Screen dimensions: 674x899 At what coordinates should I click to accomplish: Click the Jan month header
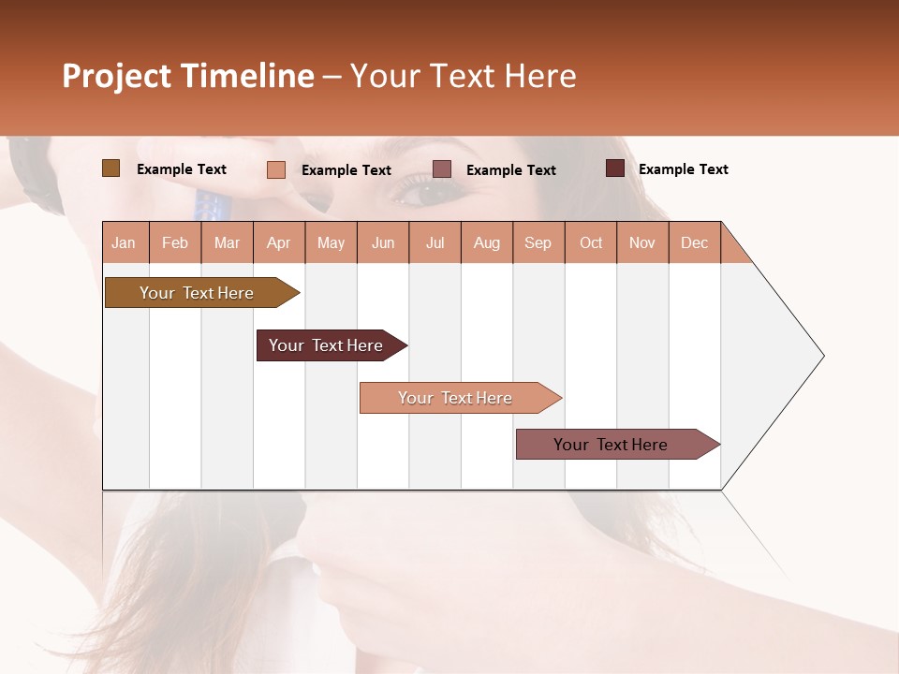[125, 242]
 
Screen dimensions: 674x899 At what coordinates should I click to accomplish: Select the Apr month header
[279, 242]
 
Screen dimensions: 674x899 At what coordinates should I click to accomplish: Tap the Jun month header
[383, 242]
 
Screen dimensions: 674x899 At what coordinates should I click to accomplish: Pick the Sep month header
[538, 242]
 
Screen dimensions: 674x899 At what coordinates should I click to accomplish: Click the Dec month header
[694, 242]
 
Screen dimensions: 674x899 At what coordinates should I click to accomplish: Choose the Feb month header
[175, 242]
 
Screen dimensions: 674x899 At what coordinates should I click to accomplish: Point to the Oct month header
[591, 242]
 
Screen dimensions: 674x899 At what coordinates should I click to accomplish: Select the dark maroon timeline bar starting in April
[328, 345]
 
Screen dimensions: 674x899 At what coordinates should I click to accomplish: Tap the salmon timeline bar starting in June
[457, 398]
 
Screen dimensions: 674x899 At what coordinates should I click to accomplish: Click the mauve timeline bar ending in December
[613, 445]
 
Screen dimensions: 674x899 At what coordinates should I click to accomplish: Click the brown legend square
[111, 168]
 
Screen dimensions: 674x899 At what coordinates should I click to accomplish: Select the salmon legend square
[275, 169]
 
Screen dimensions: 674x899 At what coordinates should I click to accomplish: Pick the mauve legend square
[442, 168]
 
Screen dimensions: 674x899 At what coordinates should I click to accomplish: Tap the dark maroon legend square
[614, 168]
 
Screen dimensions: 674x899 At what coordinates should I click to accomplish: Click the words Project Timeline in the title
[188, 76]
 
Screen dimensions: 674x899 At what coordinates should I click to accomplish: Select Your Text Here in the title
[463, 76]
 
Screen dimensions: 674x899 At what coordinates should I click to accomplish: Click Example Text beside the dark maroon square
[683, 169]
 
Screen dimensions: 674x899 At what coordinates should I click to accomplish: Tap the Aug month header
[487, 242]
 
